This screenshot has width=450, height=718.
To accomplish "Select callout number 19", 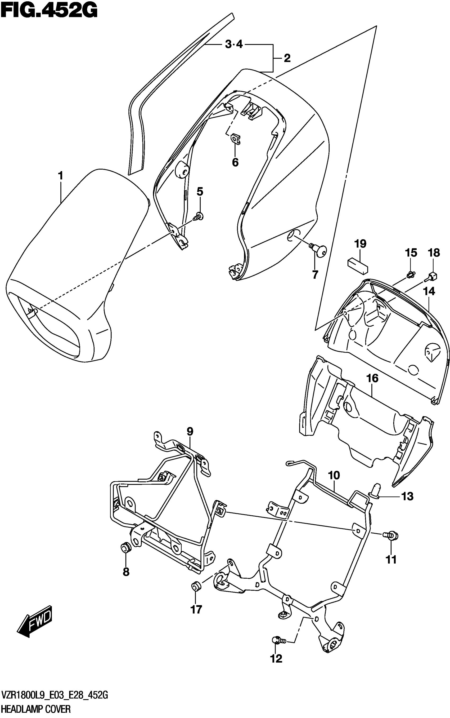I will coord(360,244).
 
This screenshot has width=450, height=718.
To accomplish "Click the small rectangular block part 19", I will coord(358,266).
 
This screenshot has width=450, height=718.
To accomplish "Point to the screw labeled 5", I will coord(199,217).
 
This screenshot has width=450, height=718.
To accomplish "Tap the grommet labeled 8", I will coord(125,547).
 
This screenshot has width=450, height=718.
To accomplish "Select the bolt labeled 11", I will coord(391,535).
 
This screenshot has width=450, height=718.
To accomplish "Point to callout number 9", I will coord(190,431).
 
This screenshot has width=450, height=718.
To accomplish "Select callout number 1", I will coord(60,176).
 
